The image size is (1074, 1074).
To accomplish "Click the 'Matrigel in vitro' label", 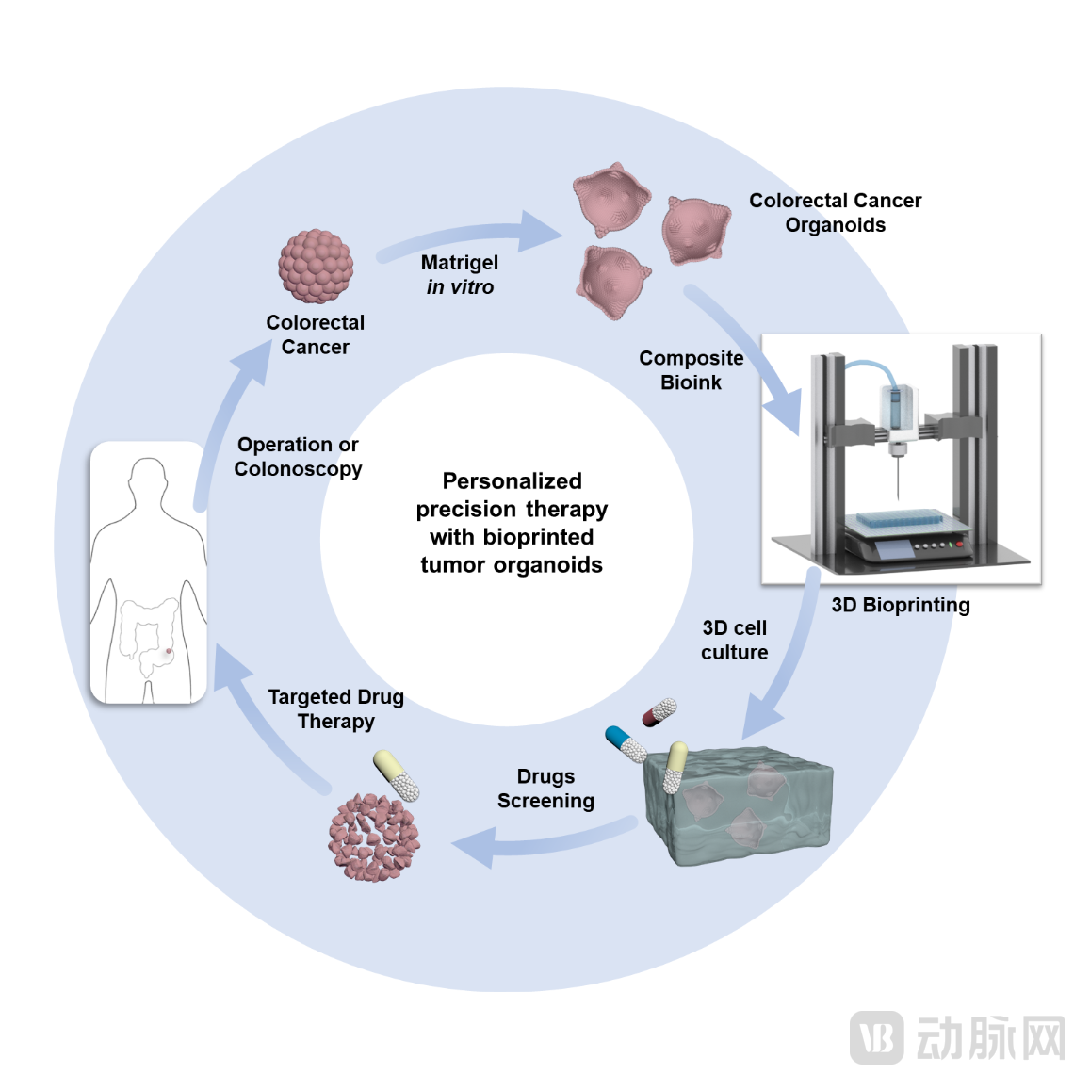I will point(460,274).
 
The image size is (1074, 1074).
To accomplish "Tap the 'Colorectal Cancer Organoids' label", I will point(835,213).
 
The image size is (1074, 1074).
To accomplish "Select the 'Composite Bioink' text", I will point(691,370).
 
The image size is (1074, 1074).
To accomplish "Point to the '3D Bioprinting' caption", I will point(900,605).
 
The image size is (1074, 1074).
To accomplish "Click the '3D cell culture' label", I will point(734,640).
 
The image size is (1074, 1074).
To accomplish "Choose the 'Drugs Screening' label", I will point(545,789).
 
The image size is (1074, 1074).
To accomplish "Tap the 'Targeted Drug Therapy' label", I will point(335,708).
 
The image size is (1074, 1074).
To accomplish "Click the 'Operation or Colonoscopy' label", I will point(298,456).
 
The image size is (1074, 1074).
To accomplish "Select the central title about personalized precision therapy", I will point(512,523).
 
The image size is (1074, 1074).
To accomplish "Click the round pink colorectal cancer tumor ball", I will point(316,267).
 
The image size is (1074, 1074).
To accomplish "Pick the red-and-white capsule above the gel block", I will point(659,713).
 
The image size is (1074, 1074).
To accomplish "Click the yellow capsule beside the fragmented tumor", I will point(396,775).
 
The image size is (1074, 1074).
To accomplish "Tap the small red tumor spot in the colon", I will point(169,651).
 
